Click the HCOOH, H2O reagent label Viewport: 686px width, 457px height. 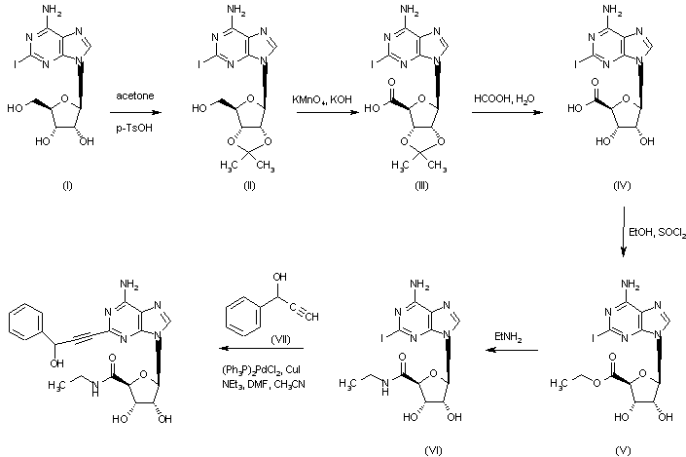coord(499,101)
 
